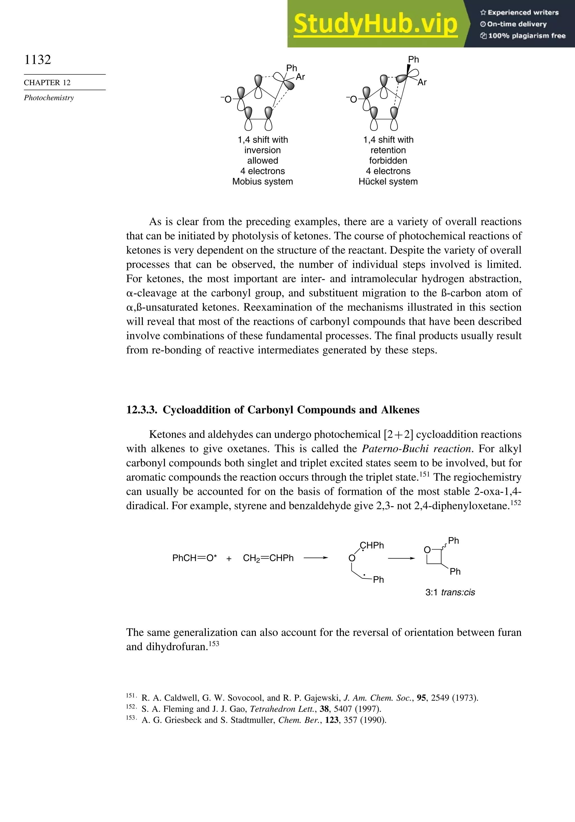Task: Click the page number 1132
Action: coord(38,60)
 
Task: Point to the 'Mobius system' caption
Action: coord(262,181)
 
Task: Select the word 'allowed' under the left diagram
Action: coord(262,160)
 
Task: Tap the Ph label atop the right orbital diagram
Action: coord(413,60)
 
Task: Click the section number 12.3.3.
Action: coord(142,410)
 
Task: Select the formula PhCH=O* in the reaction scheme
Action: coord(194,558)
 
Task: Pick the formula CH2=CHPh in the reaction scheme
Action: coord(268,558)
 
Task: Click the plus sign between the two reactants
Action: coord(229,558)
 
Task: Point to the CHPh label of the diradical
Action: coord(372,545)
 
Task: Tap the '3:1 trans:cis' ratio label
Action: coord(450,592)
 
